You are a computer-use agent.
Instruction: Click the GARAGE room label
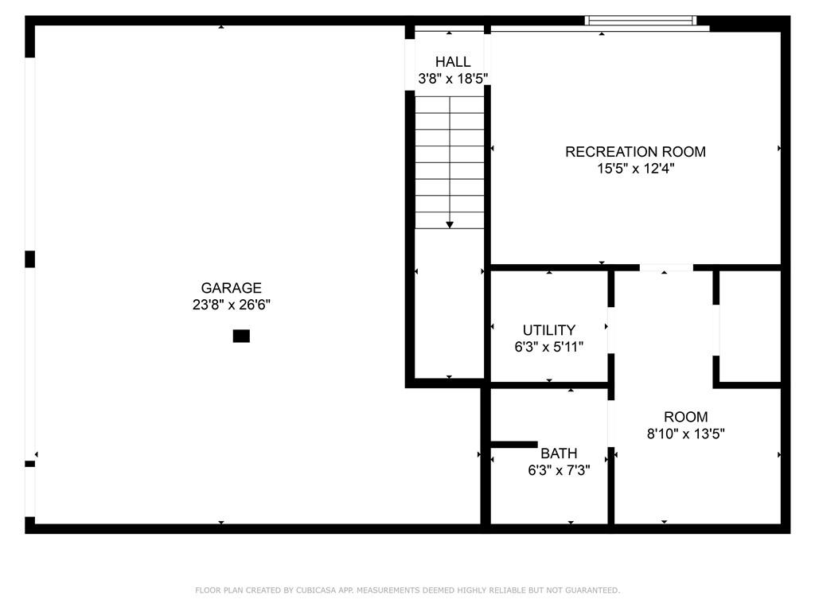(232, 288)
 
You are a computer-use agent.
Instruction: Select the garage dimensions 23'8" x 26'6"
(232, 305)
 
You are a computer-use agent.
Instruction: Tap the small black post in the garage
(241, 337)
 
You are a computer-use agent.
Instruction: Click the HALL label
(453, 62)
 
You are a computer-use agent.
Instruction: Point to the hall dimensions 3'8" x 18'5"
(453, 79)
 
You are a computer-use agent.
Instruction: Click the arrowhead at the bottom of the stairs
(450, 225)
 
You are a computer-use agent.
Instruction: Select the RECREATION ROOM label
(635, 152)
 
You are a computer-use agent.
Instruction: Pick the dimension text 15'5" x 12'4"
(635, 169)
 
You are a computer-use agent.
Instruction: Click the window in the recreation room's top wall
(641, 20)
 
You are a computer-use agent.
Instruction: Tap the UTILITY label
(549, 330)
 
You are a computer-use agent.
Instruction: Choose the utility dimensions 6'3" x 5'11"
(549, 347)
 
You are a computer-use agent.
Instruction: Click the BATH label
(559, 453)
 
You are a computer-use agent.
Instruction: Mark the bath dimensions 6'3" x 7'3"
(559, 470)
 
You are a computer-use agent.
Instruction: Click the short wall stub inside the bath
(514, 444)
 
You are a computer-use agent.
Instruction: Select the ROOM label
(685, 417)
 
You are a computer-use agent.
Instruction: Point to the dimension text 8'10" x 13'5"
(685, 434)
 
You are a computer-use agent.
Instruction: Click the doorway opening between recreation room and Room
(666, 267)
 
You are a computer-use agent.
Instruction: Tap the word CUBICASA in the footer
(316, 590)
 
